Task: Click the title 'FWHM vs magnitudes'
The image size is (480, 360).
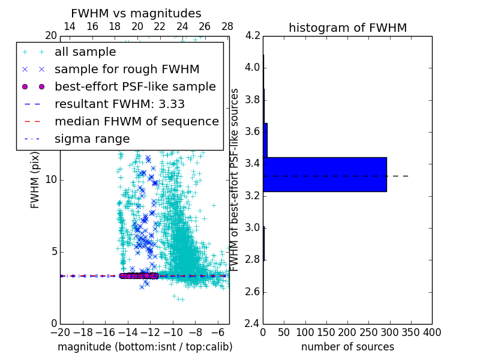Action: [x=136, y=13]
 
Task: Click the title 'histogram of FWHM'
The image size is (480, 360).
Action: [x=347, y=28]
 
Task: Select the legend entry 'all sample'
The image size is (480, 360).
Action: [x=85, y=52]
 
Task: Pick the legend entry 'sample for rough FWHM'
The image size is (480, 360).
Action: [x=127, y=69]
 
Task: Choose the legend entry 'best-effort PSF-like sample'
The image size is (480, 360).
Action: [x=135, y=86]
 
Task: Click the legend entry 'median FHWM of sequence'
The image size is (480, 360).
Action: [x=137, y=121]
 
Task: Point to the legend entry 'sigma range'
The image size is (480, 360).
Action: [x=92, y=139]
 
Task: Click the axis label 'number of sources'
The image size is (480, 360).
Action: [x=347, y=347]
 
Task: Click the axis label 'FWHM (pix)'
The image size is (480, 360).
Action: [x=35, y=180]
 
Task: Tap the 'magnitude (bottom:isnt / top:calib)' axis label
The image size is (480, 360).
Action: [x=145, y=347]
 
